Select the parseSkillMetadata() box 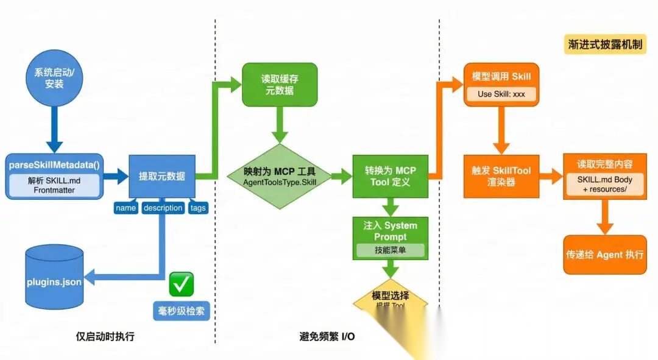(x=54, y=175)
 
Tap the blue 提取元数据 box (x=162, y=176)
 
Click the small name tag (x=126, y=208)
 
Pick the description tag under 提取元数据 (x=163, y=208)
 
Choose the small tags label (x=198, y=208)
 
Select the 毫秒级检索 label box (x=181, y=311)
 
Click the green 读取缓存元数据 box (x=280, y=84)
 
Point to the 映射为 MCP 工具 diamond (x=280, y=176)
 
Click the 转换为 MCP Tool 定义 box (x=391, y=176)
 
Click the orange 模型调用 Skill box (x=501, y=85)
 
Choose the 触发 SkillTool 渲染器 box (x=501, y=176)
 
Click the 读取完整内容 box (x=604, y=177)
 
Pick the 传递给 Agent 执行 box (x=604, y=255)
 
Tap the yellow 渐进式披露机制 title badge (x=604, y=44)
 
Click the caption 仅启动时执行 (x=105, y=336)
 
